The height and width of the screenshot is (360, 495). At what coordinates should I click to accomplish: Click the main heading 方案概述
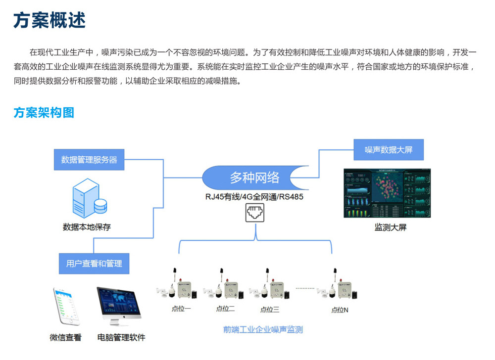click(49, 20)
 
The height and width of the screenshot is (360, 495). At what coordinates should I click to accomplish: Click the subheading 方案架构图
click(44, 113)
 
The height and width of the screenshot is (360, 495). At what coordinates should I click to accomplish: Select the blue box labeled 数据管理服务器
click(89, 160)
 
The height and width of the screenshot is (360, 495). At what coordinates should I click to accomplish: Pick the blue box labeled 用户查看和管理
click(94, 264)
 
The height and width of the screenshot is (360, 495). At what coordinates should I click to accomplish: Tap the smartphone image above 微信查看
click(66, 306)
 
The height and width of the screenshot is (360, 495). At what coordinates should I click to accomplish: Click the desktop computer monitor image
click(119, 306)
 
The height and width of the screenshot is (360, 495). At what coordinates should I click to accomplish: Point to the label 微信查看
click(65, 338)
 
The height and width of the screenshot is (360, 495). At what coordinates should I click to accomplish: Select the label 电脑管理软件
click(121, 338)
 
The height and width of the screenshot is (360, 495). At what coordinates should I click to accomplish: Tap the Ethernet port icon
click(254, 213)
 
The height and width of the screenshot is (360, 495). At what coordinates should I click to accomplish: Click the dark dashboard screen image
click(387, 193)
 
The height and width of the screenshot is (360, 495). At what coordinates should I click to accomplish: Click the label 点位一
click(181, 309)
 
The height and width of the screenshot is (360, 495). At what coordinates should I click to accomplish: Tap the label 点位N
click(340, 310)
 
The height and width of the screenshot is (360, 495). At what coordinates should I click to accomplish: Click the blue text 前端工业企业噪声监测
click(263, 329)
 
